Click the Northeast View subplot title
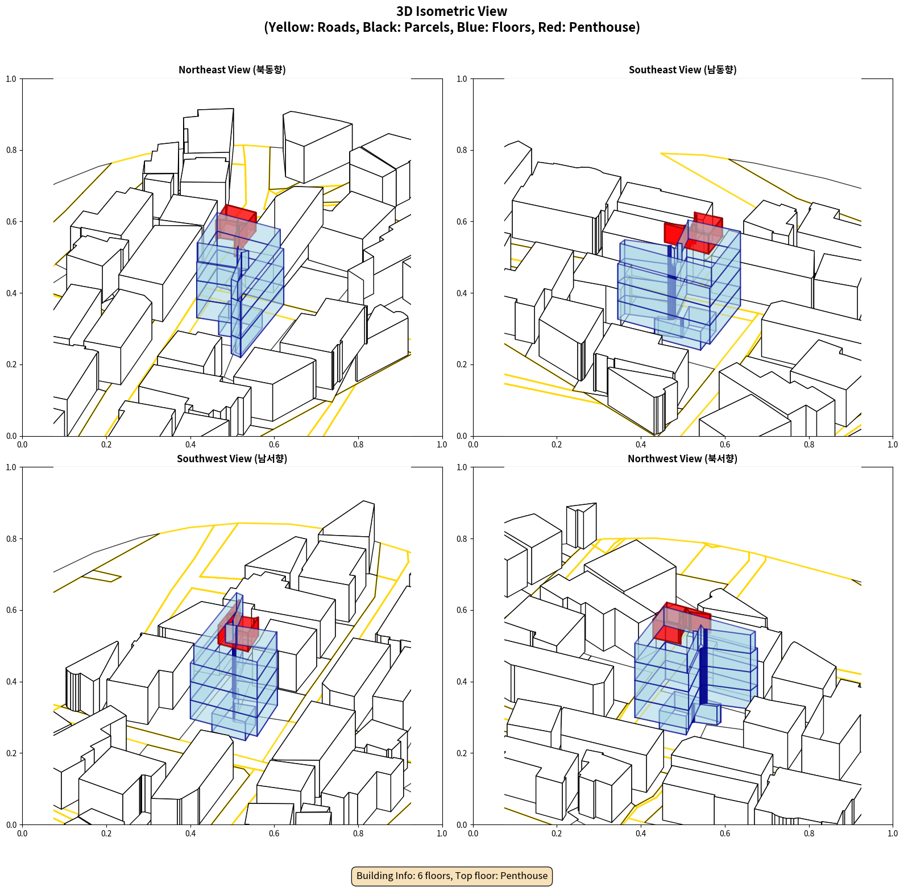[x=232, y=70]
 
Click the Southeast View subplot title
[x=682, y=70]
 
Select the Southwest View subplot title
[x=232, y=459]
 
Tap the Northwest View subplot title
[x=682, y=459]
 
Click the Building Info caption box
[x=452, y=876]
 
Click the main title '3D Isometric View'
[x=452, y=11]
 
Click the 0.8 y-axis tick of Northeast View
[x=11, y=150]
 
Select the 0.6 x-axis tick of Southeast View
[x=725, y=445]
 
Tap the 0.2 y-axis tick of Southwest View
[x=11, y=753]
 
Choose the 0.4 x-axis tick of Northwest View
[x=641, y=834]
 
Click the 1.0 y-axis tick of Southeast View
[x=462, y=79]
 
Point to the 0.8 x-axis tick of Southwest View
[x=358, y=834]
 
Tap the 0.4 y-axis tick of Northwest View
[x=462, y=682]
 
